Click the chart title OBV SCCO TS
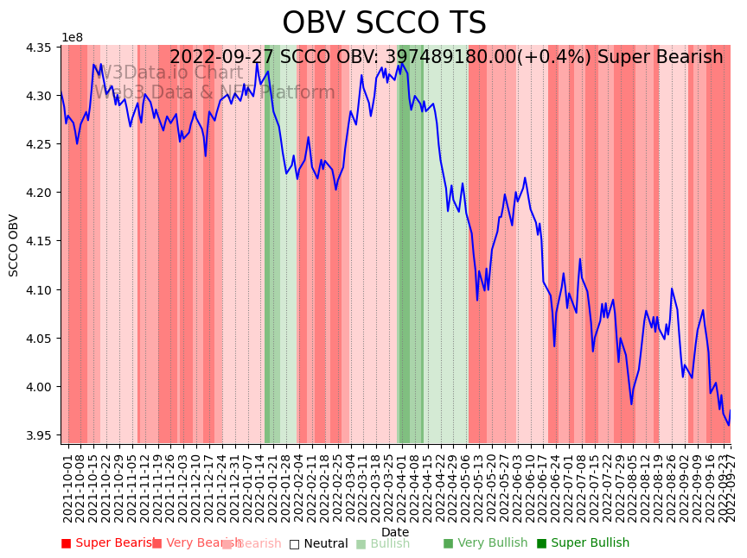[x=384, y=23]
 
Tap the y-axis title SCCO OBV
[x=14, y=245]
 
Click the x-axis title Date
[x=395, y=532]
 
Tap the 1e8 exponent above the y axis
[x=72, y=38]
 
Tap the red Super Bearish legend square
[x=66, y=543]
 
